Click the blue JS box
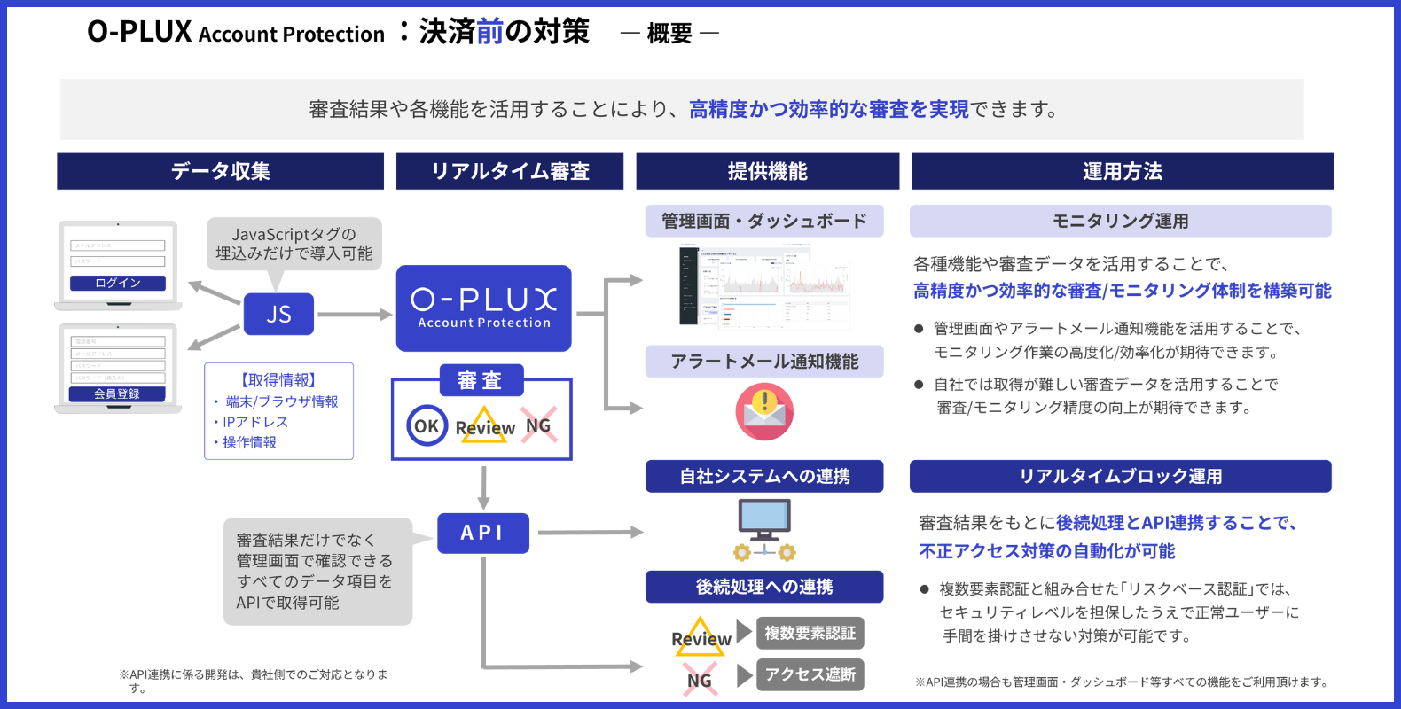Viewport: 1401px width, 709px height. (278, 314)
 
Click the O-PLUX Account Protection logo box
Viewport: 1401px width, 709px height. (483, 308)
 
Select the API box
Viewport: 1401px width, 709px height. (482, 533)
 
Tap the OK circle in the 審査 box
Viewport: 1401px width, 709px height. (427, 425)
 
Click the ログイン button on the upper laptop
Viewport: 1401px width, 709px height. (118, 283)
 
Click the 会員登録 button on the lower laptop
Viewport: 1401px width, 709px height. (118, 393)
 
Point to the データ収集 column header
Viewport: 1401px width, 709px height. (220, 171)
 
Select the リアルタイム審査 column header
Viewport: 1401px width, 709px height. (510, 171)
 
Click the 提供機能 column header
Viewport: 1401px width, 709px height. (767, 171)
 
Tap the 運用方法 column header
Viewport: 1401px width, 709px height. (1122, 171)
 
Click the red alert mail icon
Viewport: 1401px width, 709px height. (763, 411)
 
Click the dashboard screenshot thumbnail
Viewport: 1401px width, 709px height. (763, 287)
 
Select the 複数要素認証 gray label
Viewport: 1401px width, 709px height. (810, 633)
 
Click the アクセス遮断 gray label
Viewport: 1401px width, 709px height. (810, 674)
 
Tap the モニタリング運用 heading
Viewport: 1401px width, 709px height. (1120, 221)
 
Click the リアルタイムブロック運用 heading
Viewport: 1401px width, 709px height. (1120, 476)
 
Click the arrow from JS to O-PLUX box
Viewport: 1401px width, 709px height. (354, 314)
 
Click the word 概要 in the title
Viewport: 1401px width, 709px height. (669, 34)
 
